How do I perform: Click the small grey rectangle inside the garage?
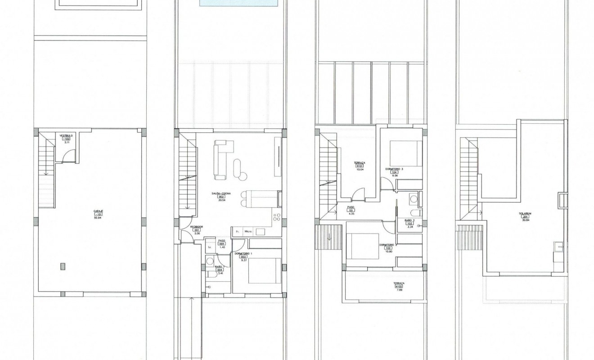pos(62,266)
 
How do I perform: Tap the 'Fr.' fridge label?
pos(237,232)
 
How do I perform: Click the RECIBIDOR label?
pos(196,227)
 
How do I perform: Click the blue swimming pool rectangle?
pos(238,4)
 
